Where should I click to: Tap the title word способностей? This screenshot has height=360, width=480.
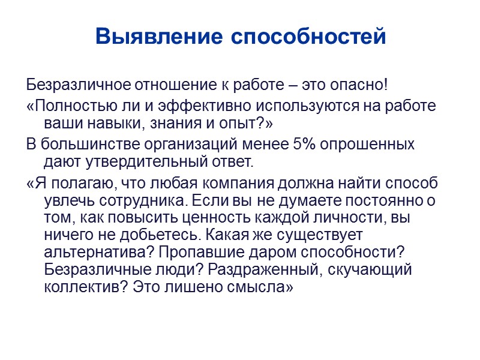308,37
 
